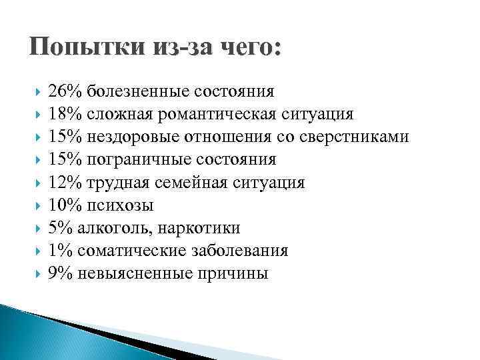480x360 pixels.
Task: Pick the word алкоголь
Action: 116,228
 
